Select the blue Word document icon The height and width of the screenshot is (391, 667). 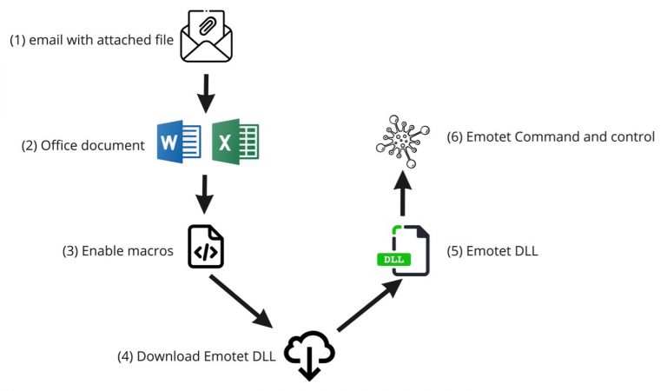180,142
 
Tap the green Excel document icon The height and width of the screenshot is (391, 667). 234,142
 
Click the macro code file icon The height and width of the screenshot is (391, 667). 206,247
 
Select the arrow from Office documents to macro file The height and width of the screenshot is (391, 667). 206,195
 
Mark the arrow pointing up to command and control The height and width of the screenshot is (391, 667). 402,192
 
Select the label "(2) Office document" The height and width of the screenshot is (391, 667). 83,145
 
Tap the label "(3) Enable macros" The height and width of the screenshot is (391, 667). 118,251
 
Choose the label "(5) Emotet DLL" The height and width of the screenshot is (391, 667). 492,251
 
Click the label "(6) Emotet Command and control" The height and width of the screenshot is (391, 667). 550,137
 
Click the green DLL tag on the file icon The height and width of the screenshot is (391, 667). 393,259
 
